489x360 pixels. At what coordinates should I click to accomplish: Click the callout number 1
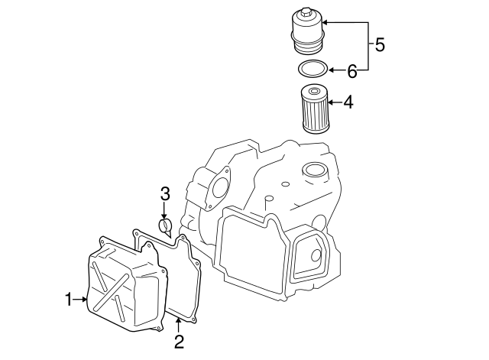pos(68,300)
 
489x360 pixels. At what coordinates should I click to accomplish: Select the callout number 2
pos(178,340)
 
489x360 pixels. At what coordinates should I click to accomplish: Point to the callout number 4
pos(348,102)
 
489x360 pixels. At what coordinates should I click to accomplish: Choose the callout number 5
pos(379,44)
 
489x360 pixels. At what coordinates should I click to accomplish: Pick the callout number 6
pos(352,71)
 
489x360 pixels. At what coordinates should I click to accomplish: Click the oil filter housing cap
pos(308,32)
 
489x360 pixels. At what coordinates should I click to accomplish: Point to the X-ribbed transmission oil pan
pos(126,287)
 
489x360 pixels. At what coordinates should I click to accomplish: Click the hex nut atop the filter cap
pos(306,13)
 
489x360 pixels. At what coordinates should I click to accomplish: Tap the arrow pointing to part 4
pos(334,102)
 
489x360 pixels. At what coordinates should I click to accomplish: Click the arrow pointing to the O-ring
pos(336,71)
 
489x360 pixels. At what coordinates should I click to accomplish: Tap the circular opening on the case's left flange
pos(219,186)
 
